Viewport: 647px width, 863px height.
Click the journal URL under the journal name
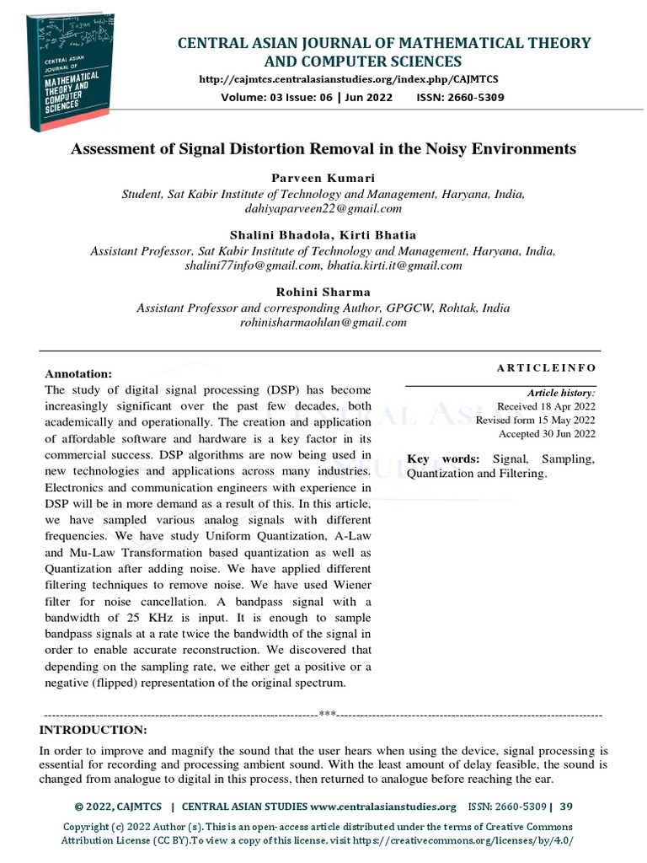click(x=348, y=79)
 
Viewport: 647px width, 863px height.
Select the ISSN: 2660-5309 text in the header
click(x=472, y=97)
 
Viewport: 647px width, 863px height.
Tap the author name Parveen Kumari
click(x=323, y=179)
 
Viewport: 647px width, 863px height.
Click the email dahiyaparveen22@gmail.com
click(x=323, y=207)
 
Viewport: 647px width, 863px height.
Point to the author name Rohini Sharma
click(x=323, y=292)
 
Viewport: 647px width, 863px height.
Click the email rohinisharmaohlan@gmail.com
click(x=323, y=322)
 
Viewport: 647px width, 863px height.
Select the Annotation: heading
click(x=78, y=373)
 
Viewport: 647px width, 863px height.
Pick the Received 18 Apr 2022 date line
click(x=546, y=406)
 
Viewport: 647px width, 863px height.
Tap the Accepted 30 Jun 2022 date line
click(x=547, y=434)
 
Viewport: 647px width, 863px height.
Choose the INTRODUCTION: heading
click(x=94, y=729)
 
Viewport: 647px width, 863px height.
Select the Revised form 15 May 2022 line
click(x=535, y=420)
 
